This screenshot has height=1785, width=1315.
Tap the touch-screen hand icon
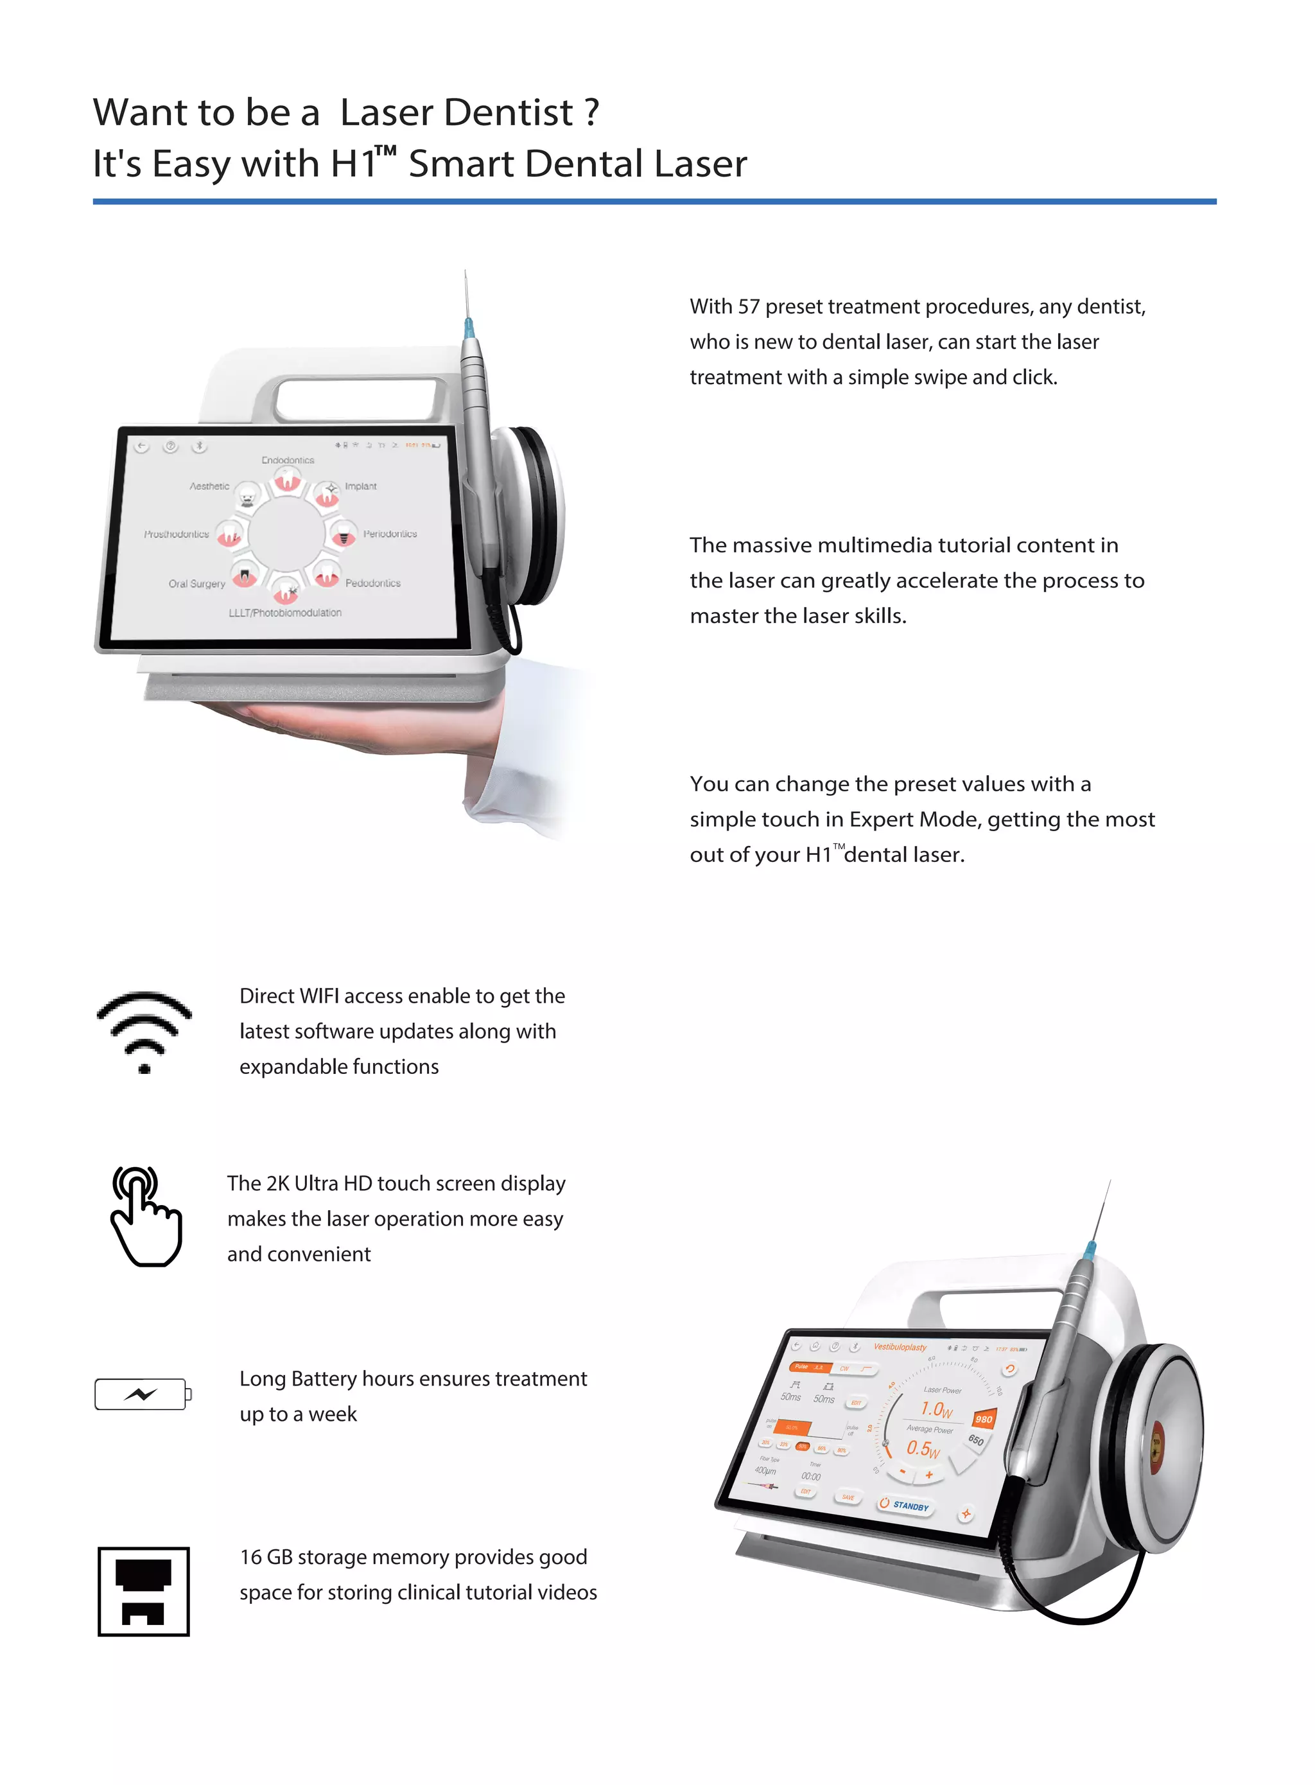(145, 1216)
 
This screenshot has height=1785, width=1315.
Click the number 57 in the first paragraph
(748, 306)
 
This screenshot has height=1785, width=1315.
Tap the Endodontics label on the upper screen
(288, 460)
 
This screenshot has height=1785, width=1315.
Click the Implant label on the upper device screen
(361, 486)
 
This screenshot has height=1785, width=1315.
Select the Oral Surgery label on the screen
(196, 584)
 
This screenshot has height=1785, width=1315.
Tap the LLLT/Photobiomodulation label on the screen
(285, 612)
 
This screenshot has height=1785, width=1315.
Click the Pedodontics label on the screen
(372, 583)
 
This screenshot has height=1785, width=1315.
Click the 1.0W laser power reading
(936, 1409)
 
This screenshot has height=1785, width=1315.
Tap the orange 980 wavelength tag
(984, 1419)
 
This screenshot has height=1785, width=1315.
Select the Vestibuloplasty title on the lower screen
(900, 1347)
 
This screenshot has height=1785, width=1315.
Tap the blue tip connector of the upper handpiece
(468, 326)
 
